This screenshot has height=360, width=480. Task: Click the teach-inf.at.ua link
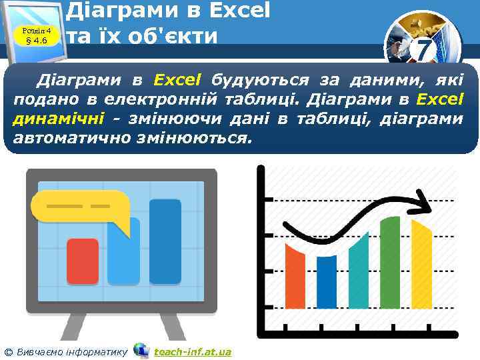click(x=192, y=351)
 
